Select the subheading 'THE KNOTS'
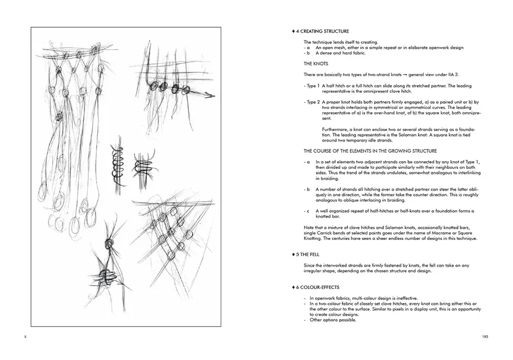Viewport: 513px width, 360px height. [x=316, y=64]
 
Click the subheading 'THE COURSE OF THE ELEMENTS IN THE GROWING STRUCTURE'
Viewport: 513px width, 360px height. [x=370, y=151]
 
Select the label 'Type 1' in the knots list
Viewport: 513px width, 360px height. [x=312, y=86]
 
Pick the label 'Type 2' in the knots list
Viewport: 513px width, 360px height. [x=312, y=102]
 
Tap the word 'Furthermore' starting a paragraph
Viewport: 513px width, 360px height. [x=327, y=128]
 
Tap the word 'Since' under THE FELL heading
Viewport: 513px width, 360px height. [x=310, y=266]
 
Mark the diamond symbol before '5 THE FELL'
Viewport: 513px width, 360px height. [x=293, y=254]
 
